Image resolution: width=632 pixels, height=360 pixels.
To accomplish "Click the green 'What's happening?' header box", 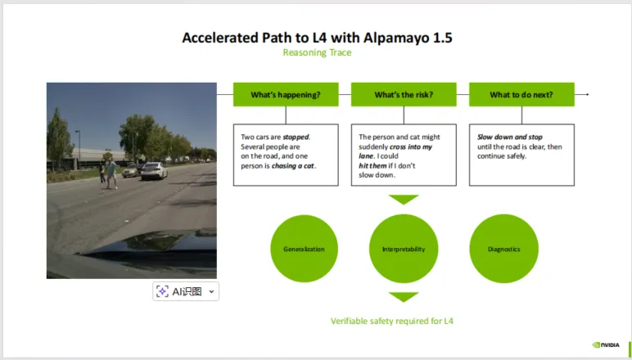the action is pyautogui.click(x=286, y=95).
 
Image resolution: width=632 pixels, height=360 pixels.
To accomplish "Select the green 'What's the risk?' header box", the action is pyautogui.click(x=404, y=95).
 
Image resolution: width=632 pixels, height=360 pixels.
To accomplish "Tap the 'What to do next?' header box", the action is pyautogui.click(x=521, y=95).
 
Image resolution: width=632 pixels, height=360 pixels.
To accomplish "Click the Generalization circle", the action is pyautogui.click(x=304, y=249).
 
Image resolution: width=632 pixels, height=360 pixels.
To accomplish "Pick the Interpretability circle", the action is pyautogui.click(x=404, y=249).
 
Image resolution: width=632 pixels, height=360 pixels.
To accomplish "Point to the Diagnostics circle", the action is pyautogui.click(x=503, y=249).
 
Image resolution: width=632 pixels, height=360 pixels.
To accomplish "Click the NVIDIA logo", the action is pyautogui.click(x=606, y=344).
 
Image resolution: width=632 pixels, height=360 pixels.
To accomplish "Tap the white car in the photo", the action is pyautogui.click(x=154, y=171).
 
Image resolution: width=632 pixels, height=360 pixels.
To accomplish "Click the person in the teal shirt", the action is pyautogui.click(x=111, y=173).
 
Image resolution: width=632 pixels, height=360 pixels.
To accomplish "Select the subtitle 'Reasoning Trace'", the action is pyautogui.click(x=317, y=52).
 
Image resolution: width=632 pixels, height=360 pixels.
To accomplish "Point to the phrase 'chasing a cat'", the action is pyautogui.click(x=293, y=165).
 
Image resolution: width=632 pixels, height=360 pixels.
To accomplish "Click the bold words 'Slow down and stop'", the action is pyautogui.click(x=510, y=137).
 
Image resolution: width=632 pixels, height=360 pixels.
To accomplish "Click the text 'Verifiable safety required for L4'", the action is pyautogui.click(x=392, y=321).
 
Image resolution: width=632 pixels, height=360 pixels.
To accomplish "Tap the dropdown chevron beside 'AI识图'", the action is pyautogui.click(x=211, y=291).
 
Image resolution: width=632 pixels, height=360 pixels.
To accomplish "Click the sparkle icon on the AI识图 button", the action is pyautogui.click(x=162, y=291).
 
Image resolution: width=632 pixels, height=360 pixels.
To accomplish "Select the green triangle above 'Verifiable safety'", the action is pyautogui.click(x=404, y=297).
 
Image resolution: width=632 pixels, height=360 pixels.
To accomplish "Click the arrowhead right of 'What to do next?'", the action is pyautogui.click(x=587, y=94).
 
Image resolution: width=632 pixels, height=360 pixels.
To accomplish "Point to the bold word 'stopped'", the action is pyautogui.click(x=296, y=137).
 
